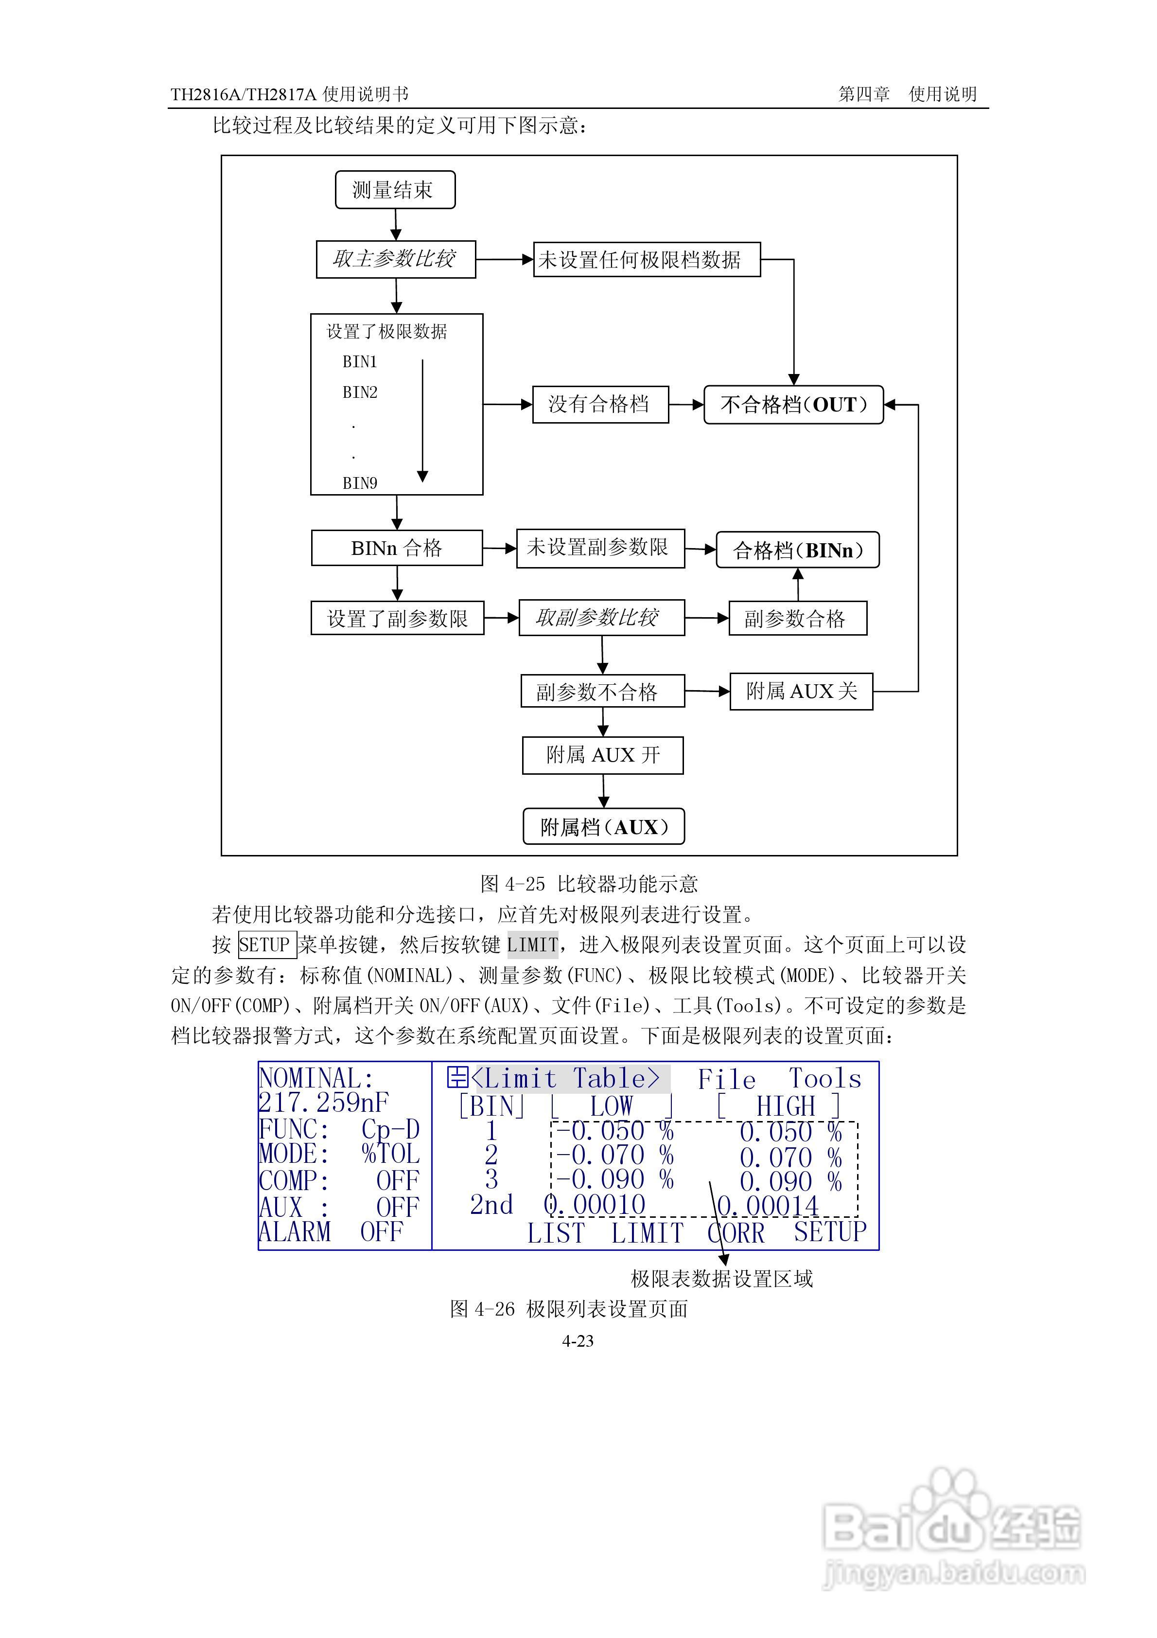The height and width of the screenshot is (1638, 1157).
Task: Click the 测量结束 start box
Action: (394, 190)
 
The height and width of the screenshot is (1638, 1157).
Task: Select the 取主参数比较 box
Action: (395, 259)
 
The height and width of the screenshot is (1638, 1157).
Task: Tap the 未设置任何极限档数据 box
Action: (646, 260)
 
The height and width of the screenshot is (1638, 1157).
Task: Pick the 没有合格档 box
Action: (600, 405)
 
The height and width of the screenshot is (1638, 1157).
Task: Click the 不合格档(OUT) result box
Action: (793, 405)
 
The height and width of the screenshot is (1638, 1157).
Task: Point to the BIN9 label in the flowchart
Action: (360, 483)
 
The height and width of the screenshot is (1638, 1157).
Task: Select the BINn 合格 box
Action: (397, 548)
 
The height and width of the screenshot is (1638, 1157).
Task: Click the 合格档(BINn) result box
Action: (797, 550)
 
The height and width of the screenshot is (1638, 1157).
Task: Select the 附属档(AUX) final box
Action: (603, 827)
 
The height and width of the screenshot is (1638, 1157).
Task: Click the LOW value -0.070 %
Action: (614, 1155)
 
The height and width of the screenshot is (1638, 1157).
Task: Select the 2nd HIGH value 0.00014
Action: (768, 1206)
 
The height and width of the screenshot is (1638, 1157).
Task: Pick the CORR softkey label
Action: (736, 1233)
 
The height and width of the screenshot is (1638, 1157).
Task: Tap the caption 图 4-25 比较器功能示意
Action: (589, 884)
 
